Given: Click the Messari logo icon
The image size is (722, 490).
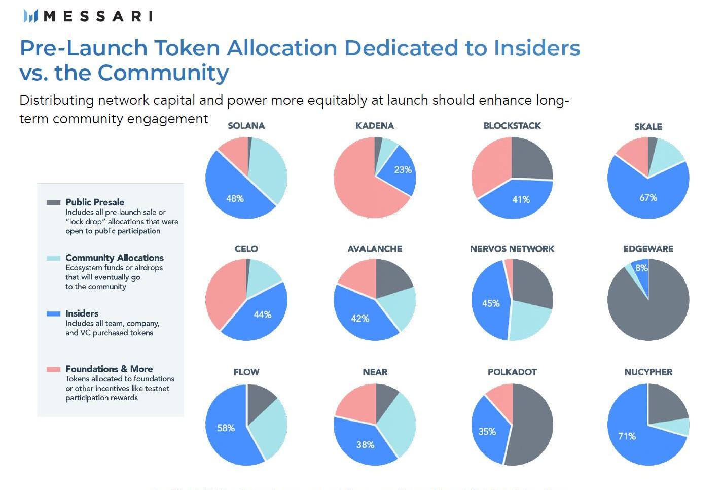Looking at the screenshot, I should [x=30, y=16].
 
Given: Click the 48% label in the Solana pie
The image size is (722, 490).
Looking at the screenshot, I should [x=235, y=198].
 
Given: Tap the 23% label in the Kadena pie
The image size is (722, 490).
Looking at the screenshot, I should [x=403, y=170].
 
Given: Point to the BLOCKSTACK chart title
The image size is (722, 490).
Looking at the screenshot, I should [x=512, y=126].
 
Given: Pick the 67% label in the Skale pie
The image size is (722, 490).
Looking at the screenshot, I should [x=648, y=197].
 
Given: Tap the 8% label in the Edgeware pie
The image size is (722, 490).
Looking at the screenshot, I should [x=641, y=268].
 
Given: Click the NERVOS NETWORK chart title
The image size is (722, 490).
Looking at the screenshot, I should [x=512, y=249].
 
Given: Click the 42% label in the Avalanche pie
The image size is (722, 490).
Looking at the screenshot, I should [x=360, y=319].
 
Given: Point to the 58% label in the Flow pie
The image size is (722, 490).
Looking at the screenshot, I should [x=226, y=428].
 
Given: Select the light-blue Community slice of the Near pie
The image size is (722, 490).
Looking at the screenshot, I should [x=398, y=424].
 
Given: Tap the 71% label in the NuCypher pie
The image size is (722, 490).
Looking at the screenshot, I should [x=627, y=436].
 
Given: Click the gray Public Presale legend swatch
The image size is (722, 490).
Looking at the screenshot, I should [x=53, y=202].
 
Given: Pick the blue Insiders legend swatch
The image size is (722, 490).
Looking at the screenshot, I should [x=53, y=314].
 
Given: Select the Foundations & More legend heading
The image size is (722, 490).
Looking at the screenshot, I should [x=109, y=369].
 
